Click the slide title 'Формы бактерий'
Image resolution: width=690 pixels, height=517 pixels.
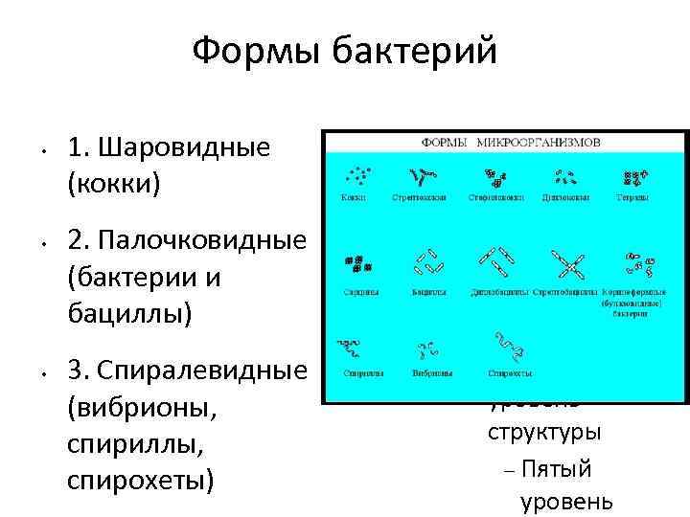pos(344,50)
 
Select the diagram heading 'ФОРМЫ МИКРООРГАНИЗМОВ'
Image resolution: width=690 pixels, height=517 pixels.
pos(511,141)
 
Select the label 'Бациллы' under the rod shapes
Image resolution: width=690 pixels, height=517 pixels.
pos(428,290)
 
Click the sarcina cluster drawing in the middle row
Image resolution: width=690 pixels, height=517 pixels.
pos(357,263)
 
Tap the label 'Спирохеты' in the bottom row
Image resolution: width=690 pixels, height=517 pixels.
pos(506,373)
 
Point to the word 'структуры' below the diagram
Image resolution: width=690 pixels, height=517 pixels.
pos(544,431)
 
